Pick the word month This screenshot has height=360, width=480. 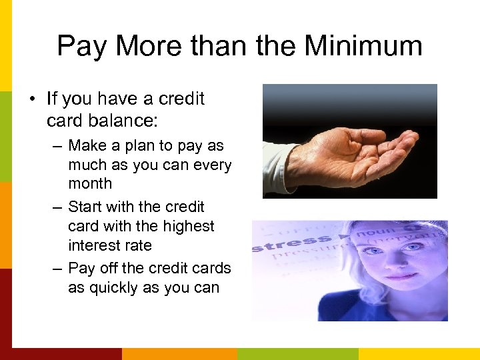[90, 183]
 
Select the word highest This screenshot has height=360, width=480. [190, 226]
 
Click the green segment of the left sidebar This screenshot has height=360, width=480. [5, 137]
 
